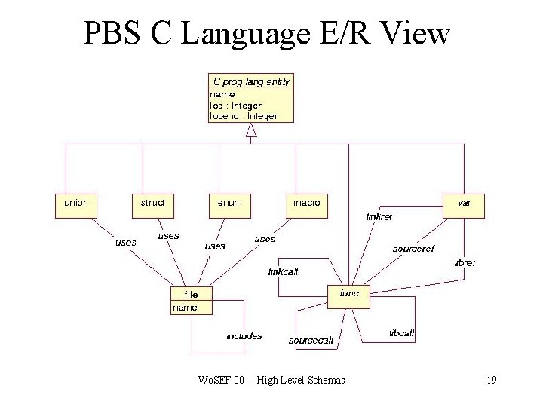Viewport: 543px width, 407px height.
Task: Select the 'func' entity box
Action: click(x=349, y=296)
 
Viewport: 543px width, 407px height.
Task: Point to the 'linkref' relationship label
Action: click(x=379, y=216)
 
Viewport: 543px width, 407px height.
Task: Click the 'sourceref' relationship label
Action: click(x=413, y=248)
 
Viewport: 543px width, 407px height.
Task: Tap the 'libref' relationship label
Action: click(x=464, y=262)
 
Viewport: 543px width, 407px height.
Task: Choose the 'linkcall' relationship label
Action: click(x=284, y=271)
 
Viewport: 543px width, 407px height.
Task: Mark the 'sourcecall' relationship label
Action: click(x=311, y=341)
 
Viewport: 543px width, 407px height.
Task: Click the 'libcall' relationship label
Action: click(x=401, y=332)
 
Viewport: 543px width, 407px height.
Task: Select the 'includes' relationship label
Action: click(x=244, y=335)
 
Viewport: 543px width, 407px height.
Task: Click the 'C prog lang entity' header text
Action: click(x=251, y=81)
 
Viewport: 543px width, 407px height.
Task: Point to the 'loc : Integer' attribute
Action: click(x=235, y=106)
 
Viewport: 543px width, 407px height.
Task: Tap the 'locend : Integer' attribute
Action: click(x=243, y=116)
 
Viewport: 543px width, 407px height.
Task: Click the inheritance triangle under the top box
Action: click(x=251, y=131)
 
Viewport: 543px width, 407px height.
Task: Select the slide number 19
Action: click(x=491, y=380)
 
